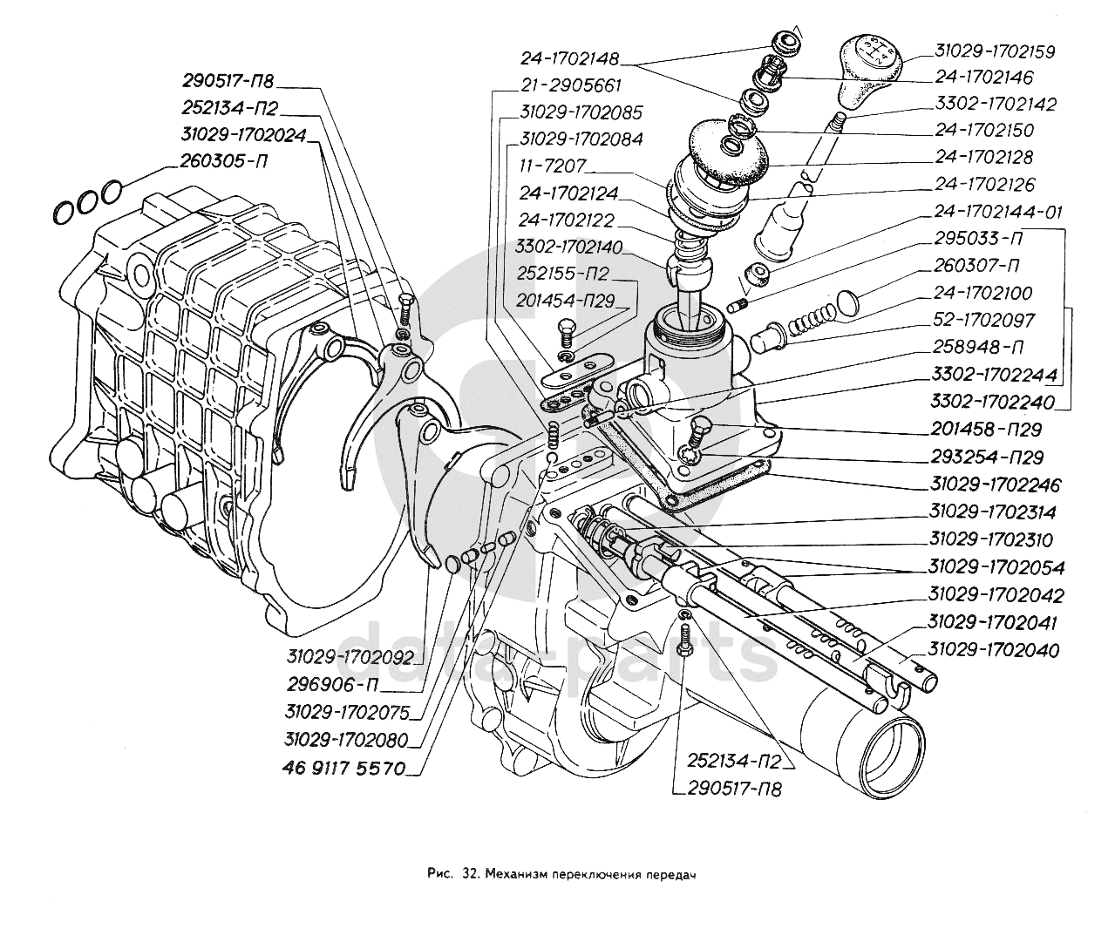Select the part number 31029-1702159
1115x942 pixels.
click(994, 51)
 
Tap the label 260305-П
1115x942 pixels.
click(228, 161)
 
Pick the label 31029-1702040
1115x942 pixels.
click(994, 650)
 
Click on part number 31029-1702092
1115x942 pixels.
click(348, 656)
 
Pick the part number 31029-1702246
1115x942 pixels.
click(994, 485)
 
